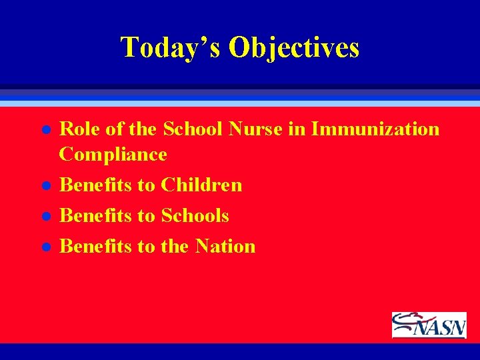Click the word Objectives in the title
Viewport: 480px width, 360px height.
coord(294,47)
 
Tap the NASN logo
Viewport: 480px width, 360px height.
coord(429,325)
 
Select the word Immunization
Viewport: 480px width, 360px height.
coord(375,129)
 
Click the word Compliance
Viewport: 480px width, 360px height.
coord(113,155)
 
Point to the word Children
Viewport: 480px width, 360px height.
coord(201,185)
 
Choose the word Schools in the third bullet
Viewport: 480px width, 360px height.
coord(195,215)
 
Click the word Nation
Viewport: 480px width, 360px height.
coord(225,246)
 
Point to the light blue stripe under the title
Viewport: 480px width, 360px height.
coord(240,104)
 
